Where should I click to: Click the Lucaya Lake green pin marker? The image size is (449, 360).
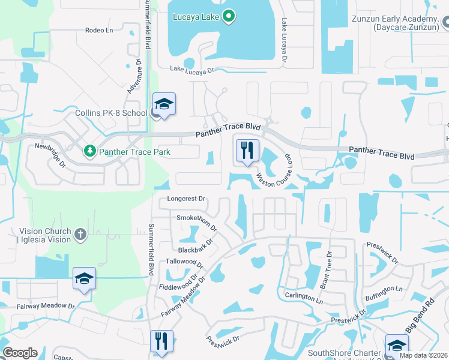point(228,17)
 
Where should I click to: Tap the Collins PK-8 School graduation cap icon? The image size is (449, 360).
point(164,105)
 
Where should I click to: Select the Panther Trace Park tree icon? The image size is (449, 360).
point(90,151)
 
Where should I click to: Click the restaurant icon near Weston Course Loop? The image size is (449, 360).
point(247,151)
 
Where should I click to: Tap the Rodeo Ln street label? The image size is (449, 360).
point(99,30)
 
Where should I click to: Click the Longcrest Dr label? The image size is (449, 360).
point(187,199)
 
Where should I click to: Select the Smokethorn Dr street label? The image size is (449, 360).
point(196,221)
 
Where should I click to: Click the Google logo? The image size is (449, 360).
point(20,353)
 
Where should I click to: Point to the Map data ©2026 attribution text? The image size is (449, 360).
point(424,355)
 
